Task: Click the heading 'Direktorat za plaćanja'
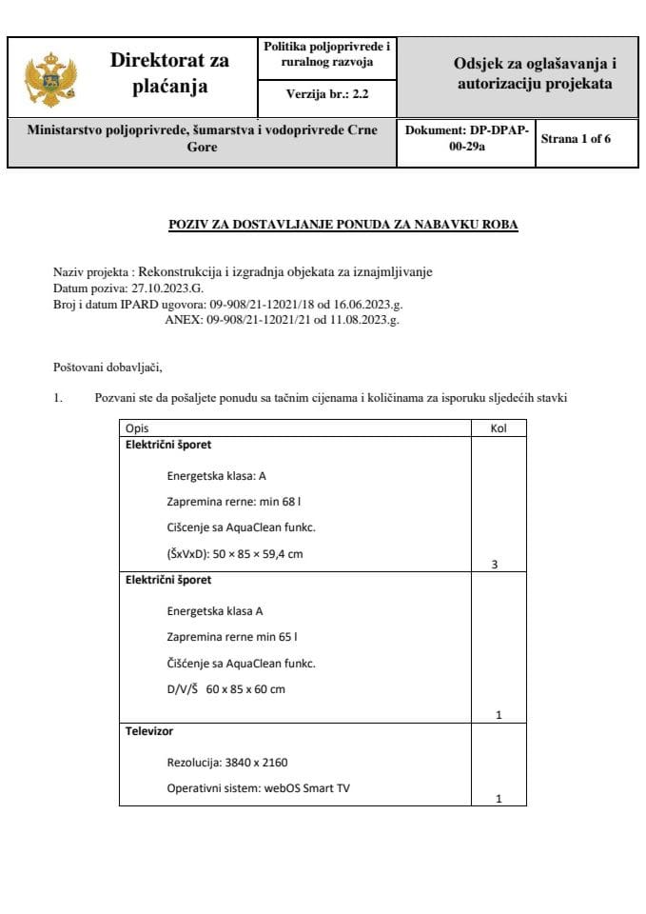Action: (x=169, y=74)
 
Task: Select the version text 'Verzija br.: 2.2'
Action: (x=327, y=94)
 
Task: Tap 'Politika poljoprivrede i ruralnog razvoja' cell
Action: (x=327, y=54)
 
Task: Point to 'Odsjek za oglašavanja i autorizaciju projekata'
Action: (x=535, y=74)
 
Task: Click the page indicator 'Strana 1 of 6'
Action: (x=576, y=139)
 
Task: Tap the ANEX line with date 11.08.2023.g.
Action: (x=282, y=320)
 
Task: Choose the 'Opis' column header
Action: (x=137, y=428)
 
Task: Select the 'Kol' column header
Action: (x=499, y=428)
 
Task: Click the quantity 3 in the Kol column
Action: (x=494, y=565)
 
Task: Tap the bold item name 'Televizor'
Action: (x=147, y=732)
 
